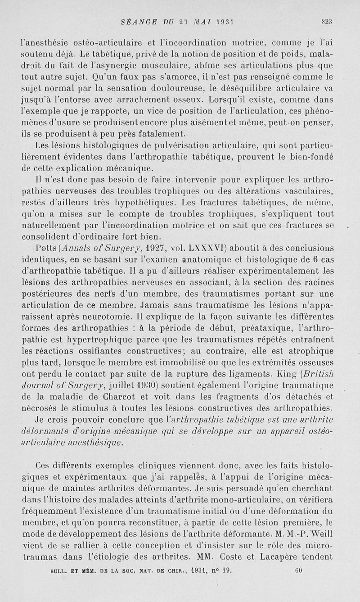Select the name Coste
pyautogui.click(x=260, y=556)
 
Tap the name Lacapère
pyautogui.click(x=305, y=556)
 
